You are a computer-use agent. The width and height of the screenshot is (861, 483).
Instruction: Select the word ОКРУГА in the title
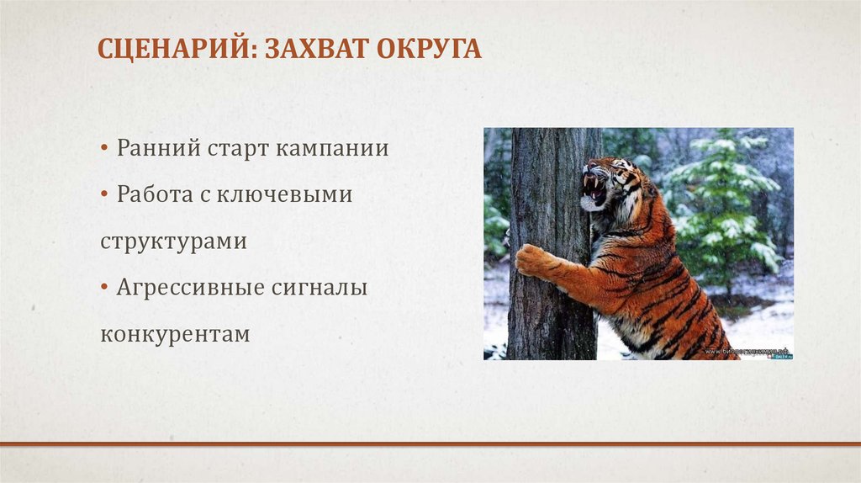[x=430, y=49]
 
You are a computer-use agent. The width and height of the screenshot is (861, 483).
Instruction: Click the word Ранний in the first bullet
[x=156, y=149]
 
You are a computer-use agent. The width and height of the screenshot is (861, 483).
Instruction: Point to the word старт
[x=236, y=150]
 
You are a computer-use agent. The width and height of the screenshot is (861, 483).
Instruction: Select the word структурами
[x=173, y=241]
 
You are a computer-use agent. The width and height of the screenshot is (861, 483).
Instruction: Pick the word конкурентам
[x=175, y=334]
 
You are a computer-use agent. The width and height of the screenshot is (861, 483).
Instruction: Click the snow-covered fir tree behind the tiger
[x=723, y=202]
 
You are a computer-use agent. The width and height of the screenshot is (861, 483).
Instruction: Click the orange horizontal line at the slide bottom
[x=430, y=443]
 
